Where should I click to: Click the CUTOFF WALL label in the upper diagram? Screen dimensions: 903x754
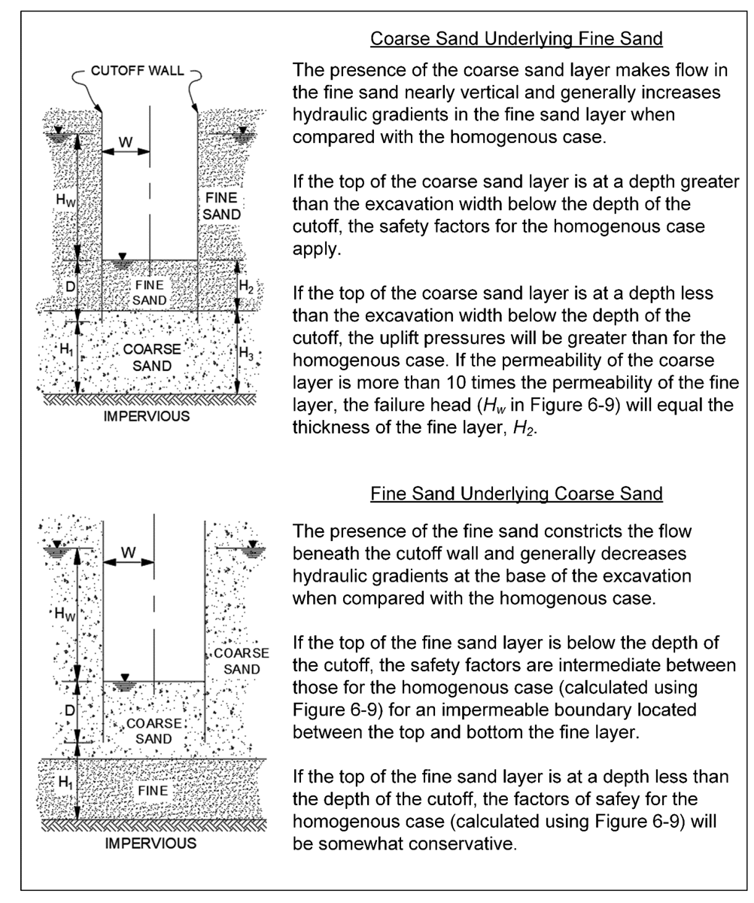[x=138, y=72]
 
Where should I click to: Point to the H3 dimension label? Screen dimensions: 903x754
[x=247, y=352]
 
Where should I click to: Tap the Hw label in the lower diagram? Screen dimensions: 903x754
[x=66, y=613]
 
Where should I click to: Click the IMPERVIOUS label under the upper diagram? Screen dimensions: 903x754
[x=148, y=416]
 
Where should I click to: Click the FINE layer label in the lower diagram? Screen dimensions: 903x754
[x=153, y=790]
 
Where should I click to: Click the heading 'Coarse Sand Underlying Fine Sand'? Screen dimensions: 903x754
[x=516, y=39]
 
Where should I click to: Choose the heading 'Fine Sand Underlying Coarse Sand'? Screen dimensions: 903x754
[x=516, y=494]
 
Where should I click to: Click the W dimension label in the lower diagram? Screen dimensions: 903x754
[x=128, y=553]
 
